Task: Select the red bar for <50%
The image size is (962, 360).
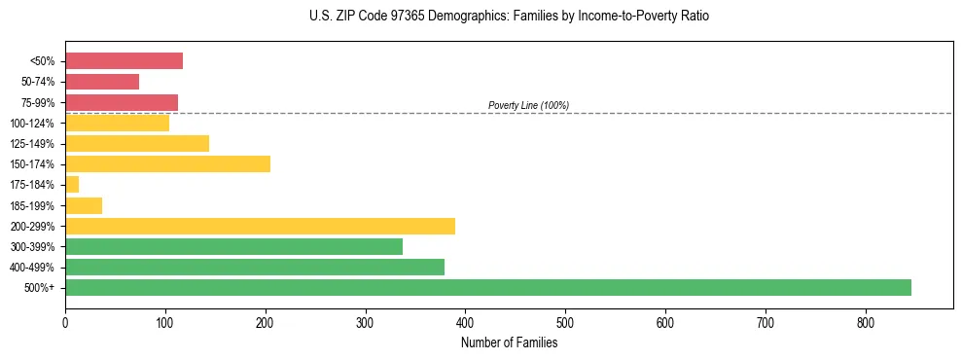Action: (124, 61)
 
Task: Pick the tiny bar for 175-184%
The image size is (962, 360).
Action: (72, 185)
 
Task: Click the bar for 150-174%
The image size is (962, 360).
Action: (167, 164)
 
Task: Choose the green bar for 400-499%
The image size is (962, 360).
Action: (255, 267)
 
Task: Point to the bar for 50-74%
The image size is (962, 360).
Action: (102, 82)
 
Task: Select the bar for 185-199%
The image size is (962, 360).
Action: (84, 205)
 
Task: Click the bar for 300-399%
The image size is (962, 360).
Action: (233, 246)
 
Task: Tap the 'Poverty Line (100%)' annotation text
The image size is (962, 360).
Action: (528, 105)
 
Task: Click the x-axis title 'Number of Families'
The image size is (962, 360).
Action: (509, 342)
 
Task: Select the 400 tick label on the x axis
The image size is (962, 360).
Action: (465, 322)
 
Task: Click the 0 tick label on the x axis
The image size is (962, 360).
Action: (65, 322)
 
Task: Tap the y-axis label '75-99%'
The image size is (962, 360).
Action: (39, 103)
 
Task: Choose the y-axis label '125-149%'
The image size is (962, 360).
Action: (34, 144)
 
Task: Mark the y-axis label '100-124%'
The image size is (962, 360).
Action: (34, 124)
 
